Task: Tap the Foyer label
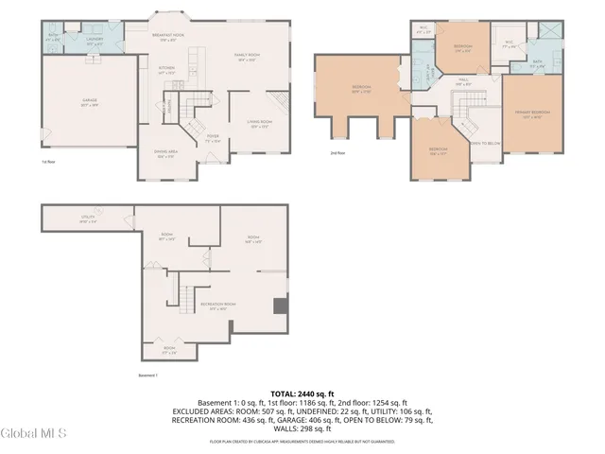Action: [214, 138]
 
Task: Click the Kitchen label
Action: [166, 70]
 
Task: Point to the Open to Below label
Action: [483, 144]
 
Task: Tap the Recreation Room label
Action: [218, 306]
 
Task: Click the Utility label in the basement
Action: [87, 219]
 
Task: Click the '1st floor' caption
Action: [46, 162]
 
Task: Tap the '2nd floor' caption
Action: [336, 152]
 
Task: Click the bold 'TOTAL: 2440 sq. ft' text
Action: [302, 393]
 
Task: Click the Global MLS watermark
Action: [34, 434]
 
